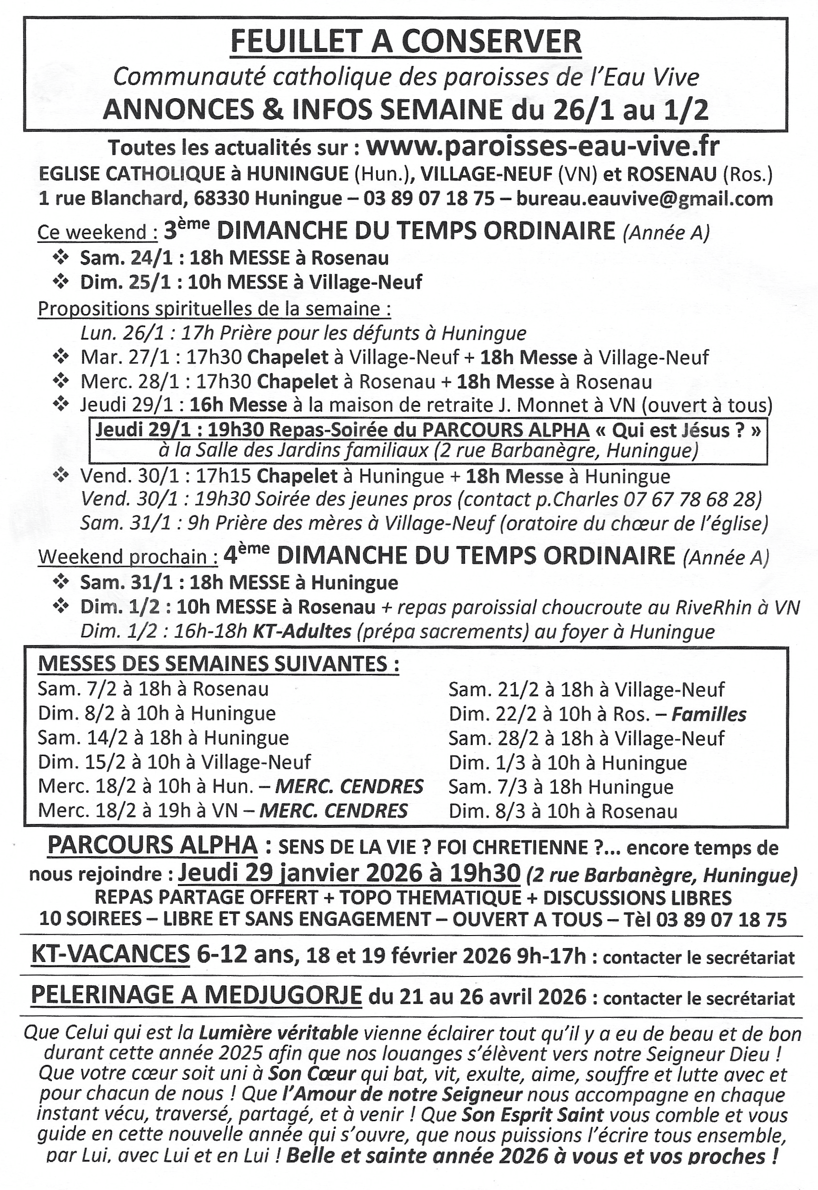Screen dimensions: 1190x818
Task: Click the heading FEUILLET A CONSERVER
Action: coord(406,42)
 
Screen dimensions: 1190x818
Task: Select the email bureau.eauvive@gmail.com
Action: coord(644,198)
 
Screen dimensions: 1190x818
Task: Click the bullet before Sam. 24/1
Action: coord(61,257)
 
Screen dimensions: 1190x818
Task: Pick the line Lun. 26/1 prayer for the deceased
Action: coord(303,333)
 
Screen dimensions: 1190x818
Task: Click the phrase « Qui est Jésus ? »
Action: coord(678,430)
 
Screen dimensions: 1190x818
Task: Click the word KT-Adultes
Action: coord(302,632)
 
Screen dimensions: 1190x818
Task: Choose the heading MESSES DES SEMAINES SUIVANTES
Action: coord(218,664)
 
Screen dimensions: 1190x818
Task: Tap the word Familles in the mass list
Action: coord(709,714)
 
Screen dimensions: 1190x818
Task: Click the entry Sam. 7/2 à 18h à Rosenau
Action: coord(153,689)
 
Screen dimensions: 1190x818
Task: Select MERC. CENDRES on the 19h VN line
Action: coord(334,811)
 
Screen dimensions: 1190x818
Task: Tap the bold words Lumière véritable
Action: coord(278,1034)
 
